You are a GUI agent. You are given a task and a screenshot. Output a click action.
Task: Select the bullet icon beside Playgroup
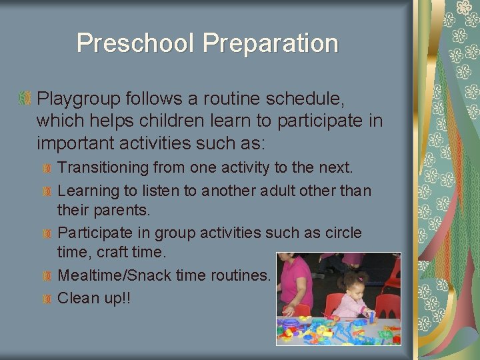(25, 99)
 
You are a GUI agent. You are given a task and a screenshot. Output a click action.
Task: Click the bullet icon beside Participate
(47, 233)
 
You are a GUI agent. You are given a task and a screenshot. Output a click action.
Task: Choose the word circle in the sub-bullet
(343, 233)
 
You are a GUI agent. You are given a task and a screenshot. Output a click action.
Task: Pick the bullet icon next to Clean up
(47, 298)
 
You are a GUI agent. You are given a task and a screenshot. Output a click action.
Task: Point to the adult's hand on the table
(289, 311)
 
